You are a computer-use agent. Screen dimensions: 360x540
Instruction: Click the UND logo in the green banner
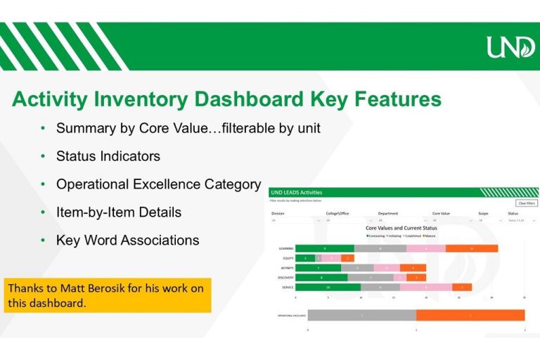coord(510,47)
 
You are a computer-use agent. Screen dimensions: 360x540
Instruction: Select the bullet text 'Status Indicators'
coord(108,156)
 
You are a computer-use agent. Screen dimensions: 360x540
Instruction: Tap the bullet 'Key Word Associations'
coord(127,240)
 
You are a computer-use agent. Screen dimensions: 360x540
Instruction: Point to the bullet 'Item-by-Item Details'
coord(118,212)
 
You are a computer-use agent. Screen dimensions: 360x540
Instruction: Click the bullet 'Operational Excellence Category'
coord(158,184)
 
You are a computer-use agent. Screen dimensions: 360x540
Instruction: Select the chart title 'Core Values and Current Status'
coord(401,229)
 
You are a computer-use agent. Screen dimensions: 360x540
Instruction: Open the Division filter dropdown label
coord(278,213)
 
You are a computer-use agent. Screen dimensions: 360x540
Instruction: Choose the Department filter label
coord(388,213)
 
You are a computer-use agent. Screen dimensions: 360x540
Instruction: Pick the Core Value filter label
coord(442,213)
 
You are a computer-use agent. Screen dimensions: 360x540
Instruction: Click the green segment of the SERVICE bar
coord(328,287)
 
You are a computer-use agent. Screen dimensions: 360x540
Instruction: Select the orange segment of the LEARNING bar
coord(471,248)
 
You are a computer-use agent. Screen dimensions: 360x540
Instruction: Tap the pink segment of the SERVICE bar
coord(426,287)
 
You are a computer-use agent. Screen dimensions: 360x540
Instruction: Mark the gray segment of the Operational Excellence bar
coord(361,316)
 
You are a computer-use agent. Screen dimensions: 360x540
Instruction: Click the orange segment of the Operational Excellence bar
coord(470,316)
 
